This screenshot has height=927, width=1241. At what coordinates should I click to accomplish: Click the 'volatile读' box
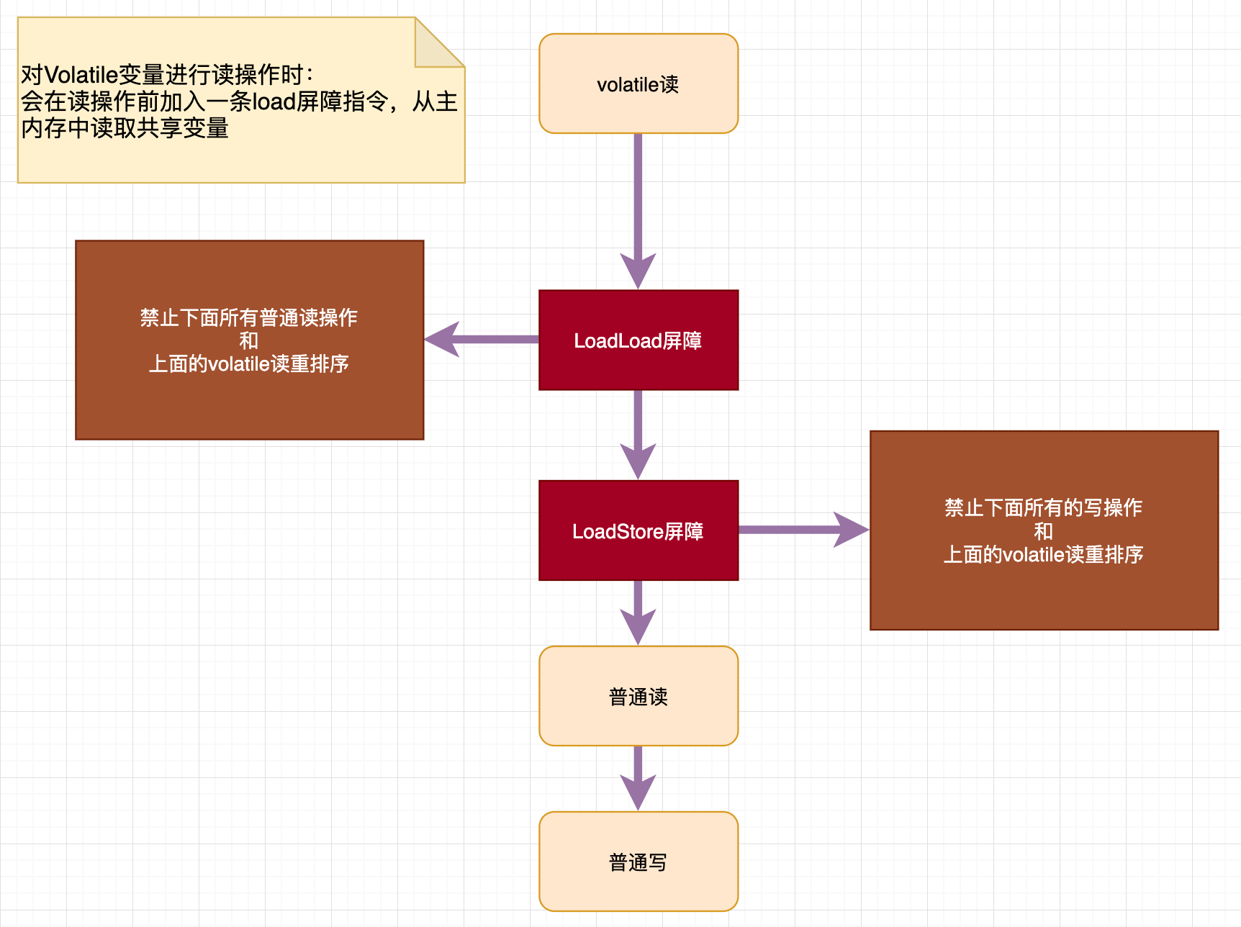pos(638,83)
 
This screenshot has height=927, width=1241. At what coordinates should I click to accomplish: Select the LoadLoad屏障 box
pos(638,340)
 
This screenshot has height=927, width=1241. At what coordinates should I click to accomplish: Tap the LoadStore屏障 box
pos(638,530)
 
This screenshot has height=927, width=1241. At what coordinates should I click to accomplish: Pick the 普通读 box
pos(638,696)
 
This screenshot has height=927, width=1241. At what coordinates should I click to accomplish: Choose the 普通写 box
pos(638,862)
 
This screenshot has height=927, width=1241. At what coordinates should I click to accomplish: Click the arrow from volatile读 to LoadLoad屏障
pos(638,209)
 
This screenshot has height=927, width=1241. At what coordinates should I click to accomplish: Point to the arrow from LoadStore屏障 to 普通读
pos(638,612)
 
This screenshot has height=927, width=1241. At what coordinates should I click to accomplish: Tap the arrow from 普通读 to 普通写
pos(638,777)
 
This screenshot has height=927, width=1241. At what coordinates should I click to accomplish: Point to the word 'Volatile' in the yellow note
pos(81,75)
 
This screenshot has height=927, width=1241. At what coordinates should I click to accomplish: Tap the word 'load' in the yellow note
pos(274,101)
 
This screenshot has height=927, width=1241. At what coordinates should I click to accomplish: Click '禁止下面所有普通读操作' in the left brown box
pos(248,317)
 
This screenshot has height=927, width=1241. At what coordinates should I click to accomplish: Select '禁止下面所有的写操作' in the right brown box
pos(1043,507)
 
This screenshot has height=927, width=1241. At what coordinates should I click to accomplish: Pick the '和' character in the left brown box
pos(248,340)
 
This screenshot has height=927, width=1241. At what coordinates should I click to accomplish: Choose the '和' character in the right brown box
pos(1043,531)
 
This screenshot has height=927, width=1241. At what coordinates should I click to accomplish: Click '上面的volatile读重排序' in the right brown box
pos(1043,554)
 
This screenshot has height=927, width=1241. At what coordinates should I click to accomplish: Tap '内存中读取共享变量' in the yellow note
pos(125,128)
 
